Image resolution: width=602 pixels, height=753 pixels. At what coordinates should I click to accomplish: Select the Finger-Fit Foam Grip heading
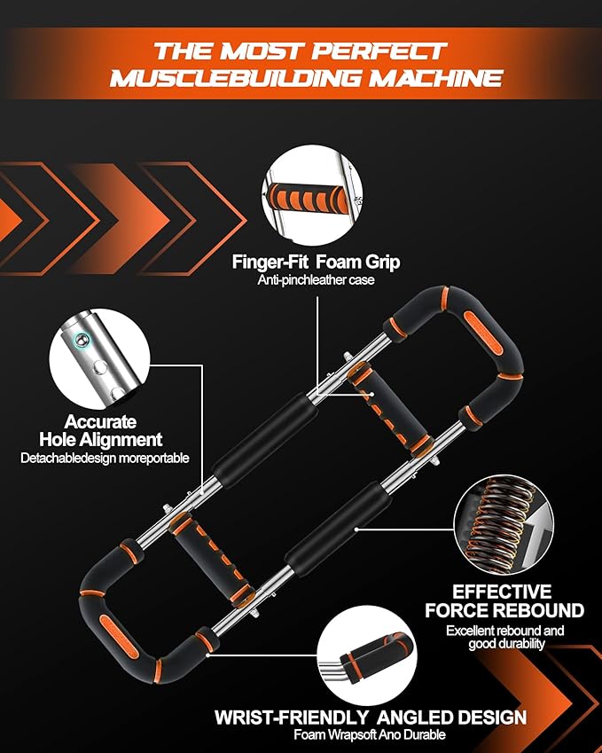click(316, 262)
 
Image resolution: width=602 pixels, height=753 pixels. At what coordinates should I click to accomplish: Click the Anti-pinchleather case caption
click(316, 280)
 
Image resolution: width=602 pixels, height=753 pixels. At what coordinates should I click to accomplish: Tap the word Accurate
click(99, 422)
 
